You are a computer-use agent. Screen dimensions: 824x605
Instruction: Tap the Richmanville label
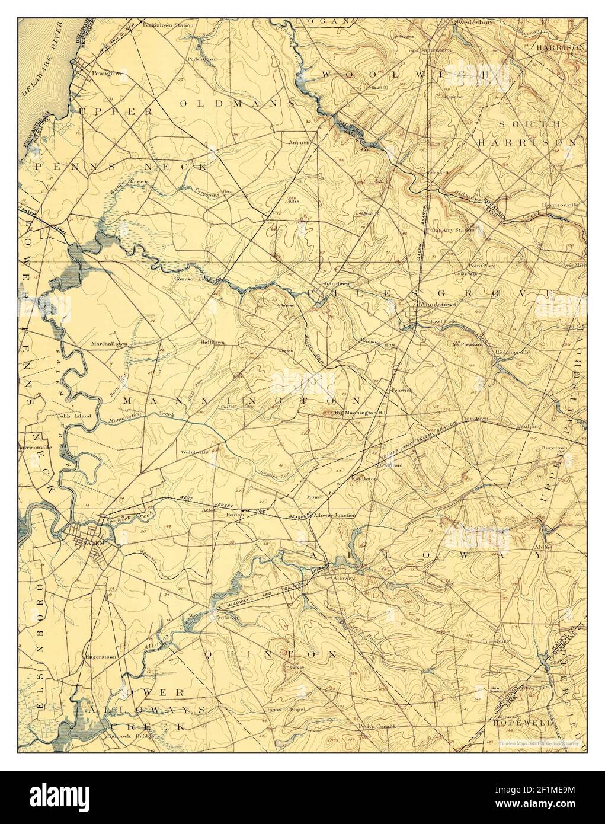(511, 352)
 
